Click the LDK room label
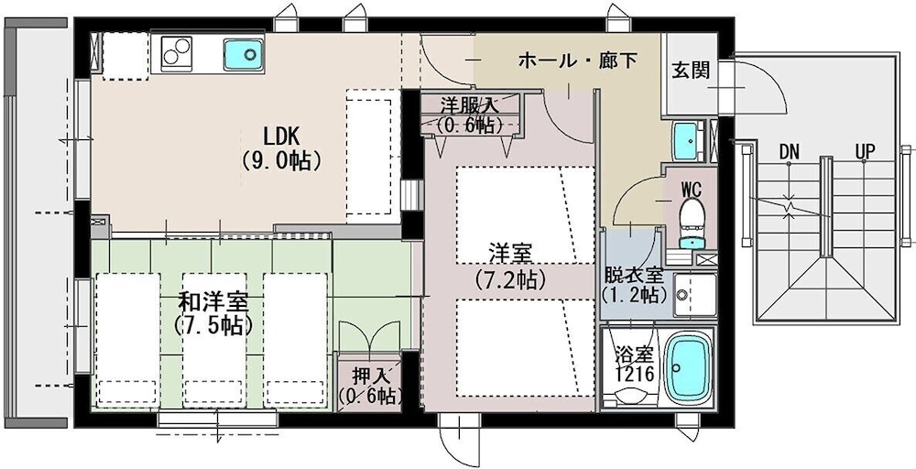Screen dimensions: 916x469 [281, 136]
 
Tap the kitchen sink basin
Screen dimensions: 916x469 [244, 55]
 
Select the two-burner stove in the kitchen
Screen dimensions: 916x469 [177, 50]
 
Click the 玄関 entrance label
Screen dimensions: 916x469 [691, 71]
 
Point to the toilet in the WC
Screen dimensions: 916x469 [692, 222]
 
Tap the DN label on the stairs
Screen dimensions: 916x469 [789, 153]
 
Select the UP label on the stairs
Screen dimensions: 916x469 [865, 152]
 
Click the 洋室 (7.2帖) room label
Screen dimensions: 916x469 [510, 267]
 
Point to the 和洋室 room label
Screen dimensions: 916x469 [213, 302]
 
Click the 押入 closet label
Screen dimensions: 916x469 [370, 373]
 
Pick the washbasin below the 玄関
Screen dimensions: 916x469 [688, 141]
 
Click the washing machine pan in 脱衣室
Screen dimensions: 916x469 [695, 295]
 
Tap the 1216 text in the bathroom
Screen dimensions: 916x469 [634, 375]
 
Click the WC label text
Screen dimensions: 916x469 [692, 189]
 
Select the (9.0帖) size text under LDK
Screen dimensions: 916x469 [281, 160]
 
